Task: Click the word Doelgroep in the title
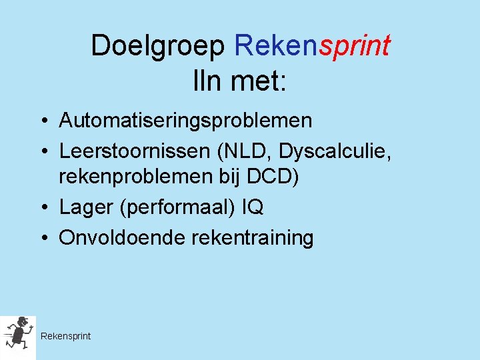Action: [159, 47]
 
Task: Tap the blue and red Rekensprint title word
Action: [312, 47]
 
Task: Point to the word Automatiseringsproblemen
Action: [185, 121]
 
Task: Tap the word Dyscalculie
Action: [335, 151]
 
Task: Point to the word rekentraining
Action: [252, 238]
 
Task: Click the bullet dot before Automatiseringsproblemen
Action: [42, 121]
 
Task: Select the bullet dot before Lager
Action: [42, 208]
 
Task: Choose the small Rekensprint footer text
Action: [65, 336]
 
